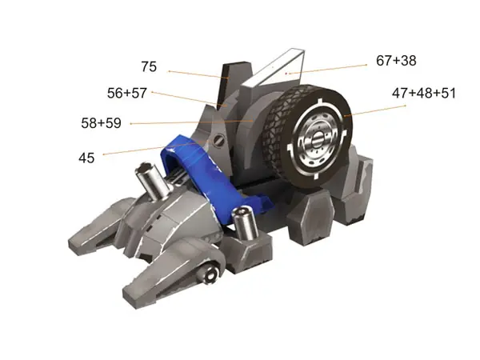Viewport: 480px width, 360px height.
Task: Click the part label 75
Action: [x=149, y=66]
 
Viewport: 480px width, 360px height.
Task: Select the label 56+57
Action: [x=127, y=93]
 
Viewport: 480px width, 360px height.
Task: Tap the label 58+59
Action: [x=102, y=123]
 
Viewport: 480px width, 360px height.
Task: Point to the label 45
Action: [x=86, y=158]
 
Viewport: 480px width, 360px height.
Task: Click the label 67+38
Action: [x=396, y=61]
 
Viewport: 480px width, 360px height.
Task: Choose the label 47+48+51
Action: [x=424, y=93]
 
